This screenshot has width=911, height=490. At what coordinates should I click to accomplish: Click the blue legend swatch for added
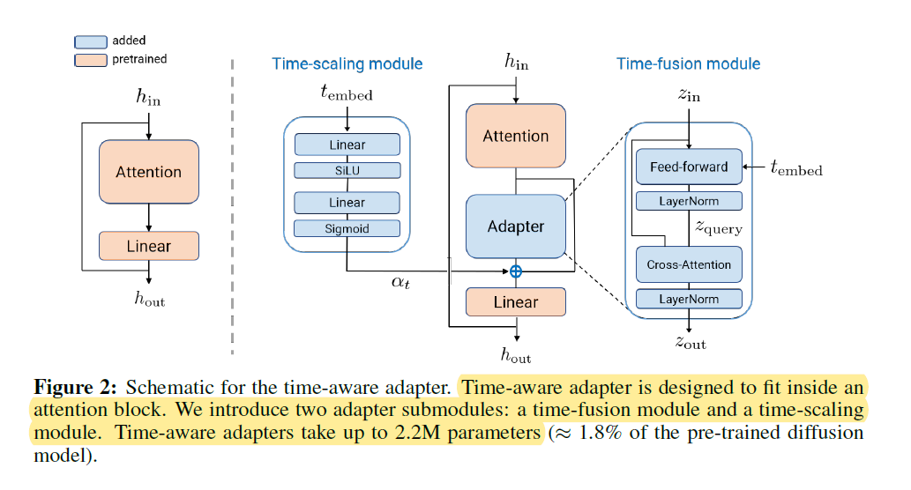91,41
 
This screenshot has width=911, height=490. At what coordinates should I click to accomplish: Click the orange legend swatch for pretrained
91,59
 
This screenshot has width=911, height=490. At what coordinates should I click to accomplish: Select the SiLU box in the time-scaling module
347,171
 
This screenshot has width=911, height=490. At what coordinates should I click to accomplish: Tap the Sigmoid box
347,229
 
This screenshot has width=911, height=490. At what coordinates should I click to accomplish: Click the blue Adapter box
516,226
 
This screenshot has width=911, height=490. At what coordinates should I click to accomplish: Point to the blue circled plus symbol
516,271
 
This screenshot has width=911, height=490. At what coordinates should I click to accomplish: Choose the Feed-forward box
689,167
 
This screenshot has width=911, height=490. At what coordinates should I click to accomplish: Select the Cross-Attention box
689,264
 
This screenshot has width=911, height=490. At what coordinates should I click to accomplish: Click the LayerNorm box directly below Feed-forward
689,201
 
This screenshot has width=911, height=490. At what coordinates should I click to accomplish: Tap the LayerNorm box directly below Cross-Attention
689,299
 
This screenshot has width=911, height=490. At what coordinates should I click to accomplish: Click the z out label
691,343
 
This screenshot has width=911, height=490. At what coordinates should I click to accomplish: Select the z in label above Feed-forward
689,95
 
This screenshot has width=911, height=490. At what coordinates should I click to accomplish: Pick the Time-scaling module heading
347,63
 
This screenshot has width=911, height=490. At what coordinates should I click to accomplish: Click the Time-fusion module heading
688,63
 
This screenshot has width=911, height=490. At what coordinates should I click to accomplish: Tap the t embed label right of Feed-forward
796,168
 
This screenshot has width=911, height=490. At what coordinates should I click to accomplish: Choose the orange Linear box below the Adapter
516,302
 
